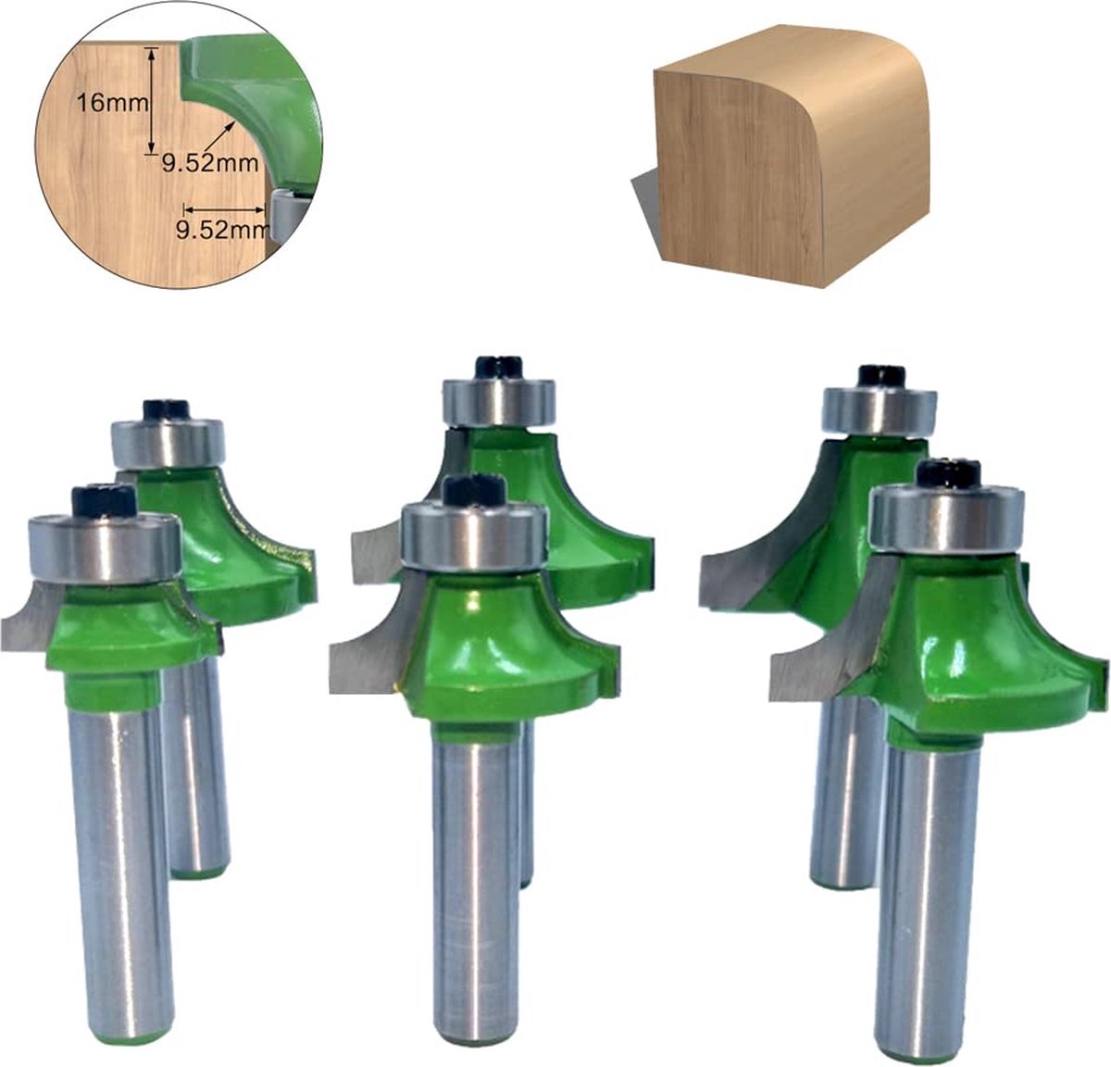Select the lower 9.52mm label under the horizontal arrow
click(x=220, y=231)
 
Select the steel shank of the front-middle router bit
click(x=476, y=861)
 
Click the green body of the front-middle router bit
click(x=491, y=639)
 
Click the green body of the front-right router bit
click(x=963, y=639)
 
